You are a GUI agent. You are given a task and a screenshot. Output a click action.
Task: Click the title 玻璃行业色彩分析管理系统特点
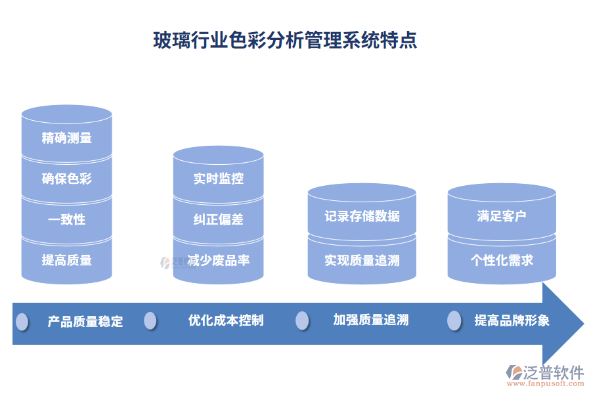tap(284, 41)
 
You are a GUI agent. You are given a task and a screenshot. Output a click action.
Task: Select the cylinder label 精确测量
tap(66, 138)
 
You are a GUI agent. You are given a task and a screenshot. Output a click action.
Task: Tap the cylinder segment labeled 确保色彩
tap(66, 179)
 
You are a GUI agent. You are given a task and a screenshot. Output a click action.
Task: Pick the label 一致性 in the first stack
tap(66, 219)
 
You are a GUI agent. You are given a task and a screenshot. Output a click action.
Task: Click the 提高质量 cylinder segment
tap(66, 260)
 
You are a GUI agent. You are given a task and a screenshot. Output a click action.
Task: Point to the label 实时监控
tap(219, 178)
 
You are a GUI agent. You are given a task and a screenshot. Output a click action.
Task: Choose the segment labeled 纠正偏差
tap(219, 219)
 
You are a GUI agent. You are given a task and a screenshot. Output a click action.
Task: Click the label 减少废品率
tap(219, 260)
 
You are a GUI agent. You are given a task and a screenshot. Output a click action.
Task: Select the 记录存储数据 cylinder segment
tap(362, 216)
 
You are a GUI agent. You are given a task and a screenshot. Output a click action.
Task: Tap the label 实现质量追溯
tap(362, 260)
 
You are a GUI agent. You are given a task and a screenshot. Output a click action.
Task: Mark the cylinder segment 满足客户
tap(502, 216)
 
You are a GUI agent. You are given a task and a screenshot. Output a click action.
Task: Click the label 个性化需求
tap(502, 260)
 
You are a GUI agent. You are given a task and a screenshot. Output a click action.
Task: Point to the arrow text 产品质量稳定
tap(85, 322)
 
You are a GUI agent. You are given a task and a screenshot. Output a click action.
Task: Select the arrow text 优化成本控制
tap(226, 320)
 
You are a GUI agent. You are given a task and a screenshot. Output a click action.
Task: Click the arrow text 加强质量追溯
tap(371, 320)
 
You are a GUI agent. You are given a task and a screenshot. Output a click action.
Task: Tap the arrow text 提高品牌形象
tap(512, 320)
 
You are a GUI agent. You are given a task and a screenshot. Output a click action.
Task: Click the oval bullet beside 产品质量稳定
tap(22, 321)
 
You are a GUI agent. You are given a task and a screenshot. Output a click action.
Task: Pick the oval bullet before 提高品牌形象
tap(454, 320)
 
